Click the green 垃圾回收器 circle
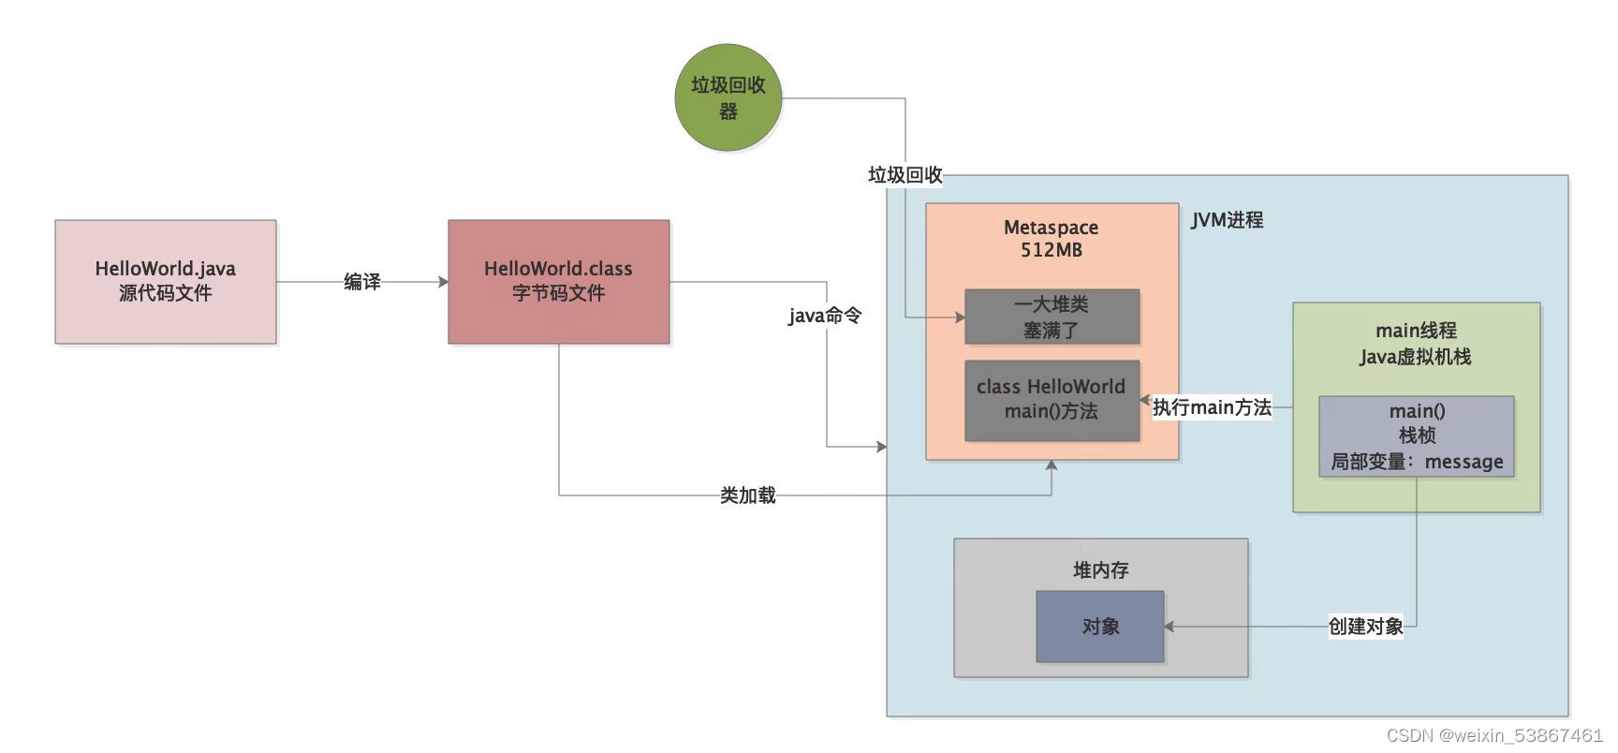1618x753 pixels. (728, 97)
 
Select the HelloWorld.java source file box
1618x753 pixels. (165, 281)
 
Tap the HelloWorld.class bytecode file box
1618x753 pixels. (558, 281)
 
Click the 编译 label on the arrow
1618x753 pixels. (361, 281)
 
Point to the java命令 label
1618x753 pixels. (824, 316)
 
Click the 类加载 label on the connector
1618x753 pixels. (747, 495)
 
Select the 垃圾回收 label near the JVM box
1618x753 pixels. (905, 175)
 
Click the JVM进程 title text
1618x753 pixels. (1227, 220)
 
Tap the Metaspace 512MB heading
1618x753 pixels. (1051, 239)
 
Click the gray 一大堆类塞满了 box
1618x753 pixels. (1052, 317)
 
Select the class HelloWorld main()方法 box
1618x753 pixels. (1052, 400)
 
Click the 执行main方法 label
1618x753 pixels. (1212, 407)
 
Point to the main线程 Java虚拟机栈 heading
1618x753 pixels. (1415, 344)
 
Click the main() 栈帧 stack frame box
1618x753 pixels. (1416, 436)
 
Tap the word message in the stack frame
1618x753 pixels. (1464, 462)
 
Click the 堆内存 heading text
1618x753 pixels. (1100, 570)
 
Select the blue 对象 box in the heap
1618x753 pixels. (1099, 627)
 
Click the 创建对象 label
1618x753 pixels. (1365, 627)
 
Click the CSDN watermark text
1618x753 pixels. (1494, 736)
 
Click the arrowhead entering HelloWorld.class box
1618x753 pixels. (443, 282)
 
